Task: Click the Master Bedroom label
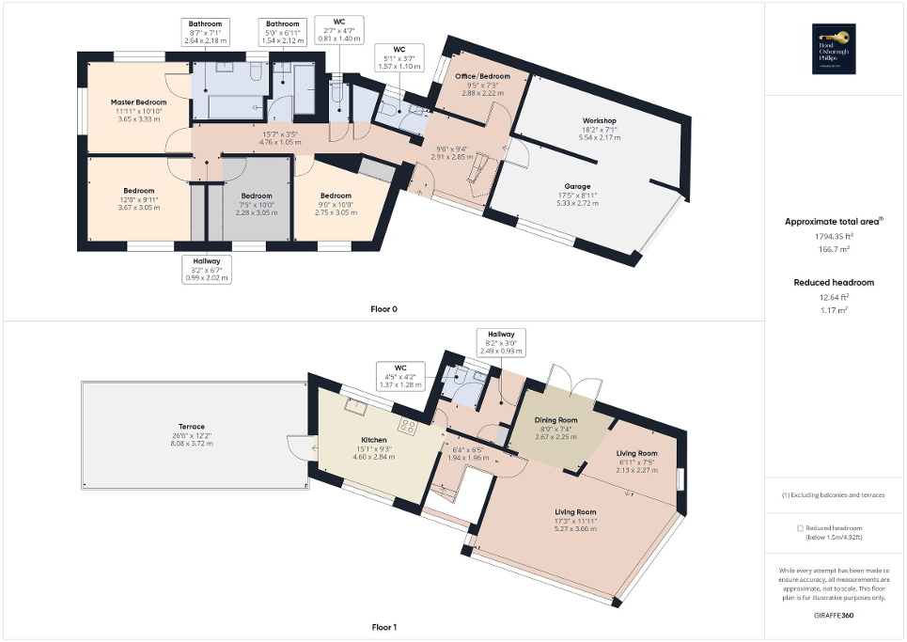coord(138,102)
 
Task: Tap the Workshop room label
coord(599,121)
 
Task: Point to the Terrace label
coord(192,427)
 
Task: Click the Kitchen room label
coord(374,440)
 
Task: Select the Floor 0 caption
coord(383,308)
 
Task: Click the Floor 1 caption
coord(383,627)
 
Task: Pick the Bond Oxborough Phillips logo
coord(834,50)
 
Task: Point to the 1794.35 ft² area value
coord(834,237)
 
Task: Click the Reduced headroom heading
coord(834,282)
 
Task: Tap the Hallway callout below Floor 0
coord(207,269)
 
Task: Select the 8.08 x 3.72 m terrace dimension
coord(192,444)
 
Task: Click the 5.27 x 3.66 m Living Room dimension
coord(574,528)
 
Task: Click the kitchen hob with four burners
coord(410,426)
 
